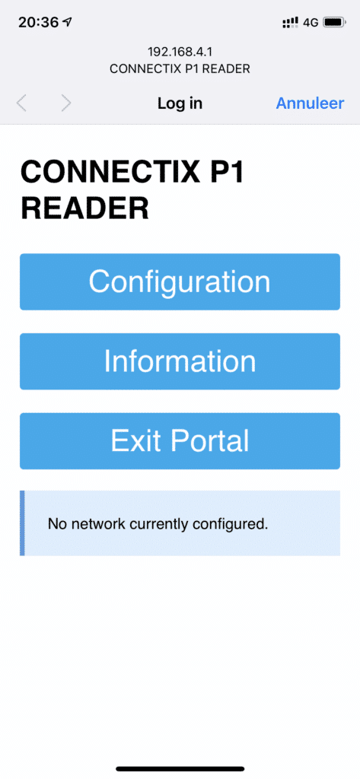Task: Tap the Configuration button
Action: pyautogui.click(x=180, y=281)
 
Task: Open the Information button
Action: pyautogui.click(x=180, y=361)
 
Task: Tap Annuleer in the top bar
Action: pyautogui.click(x=310, y=103)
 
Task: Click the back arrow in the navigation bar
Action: pyautogui.click(x=21, y=103)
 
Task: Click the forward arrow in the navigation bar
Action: pyautogui.click(x=66, y=103)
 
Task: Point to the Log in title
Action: pyautogui.click(x=180, y=103)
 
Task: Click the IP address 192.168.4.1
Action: pyautogui.click(x=180, y=52)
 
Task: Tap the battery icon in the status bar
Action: pyautogui.click(x=334, y=22)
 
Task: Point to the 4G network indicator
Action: pyautogui.click(x=311, y=22)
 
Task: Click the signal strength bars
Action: pyautogui.click(x=290, y=22)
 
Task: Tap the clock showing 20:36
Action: pyautogui.click(x=38, y=22)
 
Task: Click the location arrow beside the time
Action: pyautogui.click(x=67, y=22)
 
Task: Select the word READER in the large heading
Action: pyautogui.click(x=84, y=208)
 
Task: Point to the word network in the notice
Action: pyautogui.click(x=104, y=523)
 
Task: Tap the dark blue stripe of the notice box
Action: pyautogui.click(x=22, y=523)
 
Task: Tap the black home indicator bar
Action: pyautogui.click(x=180, y=768)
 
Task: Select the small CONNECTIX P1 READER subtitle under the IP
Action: pyautogui.click(x=180, y=68)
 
